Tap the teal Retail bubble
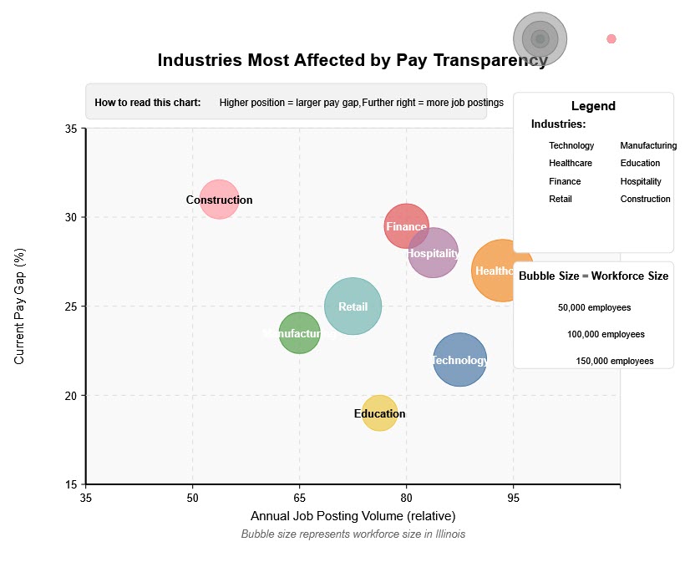(x=353, y=306)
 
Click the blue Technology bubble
(x=460, y=360)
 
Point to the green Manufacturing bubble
(x=299, y=333)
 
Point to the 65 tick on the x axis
(x=299, y=498)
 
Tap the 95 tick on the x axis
(x=513, y=498)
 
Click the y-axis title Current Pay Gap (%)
(x=20, y=306)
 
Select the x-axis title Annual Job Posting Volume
(x=353, y=516)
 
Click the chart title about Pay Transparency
(x=353, y=60)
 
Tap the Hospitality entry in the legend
(x=641, y=181)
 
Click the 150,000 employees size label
(x=615, y=361)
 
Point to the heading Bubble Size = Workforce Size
(x=593, y=276)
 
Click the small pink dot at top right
(x=611, y=38)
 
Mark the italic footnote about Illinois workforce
(x=353, y=534)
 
